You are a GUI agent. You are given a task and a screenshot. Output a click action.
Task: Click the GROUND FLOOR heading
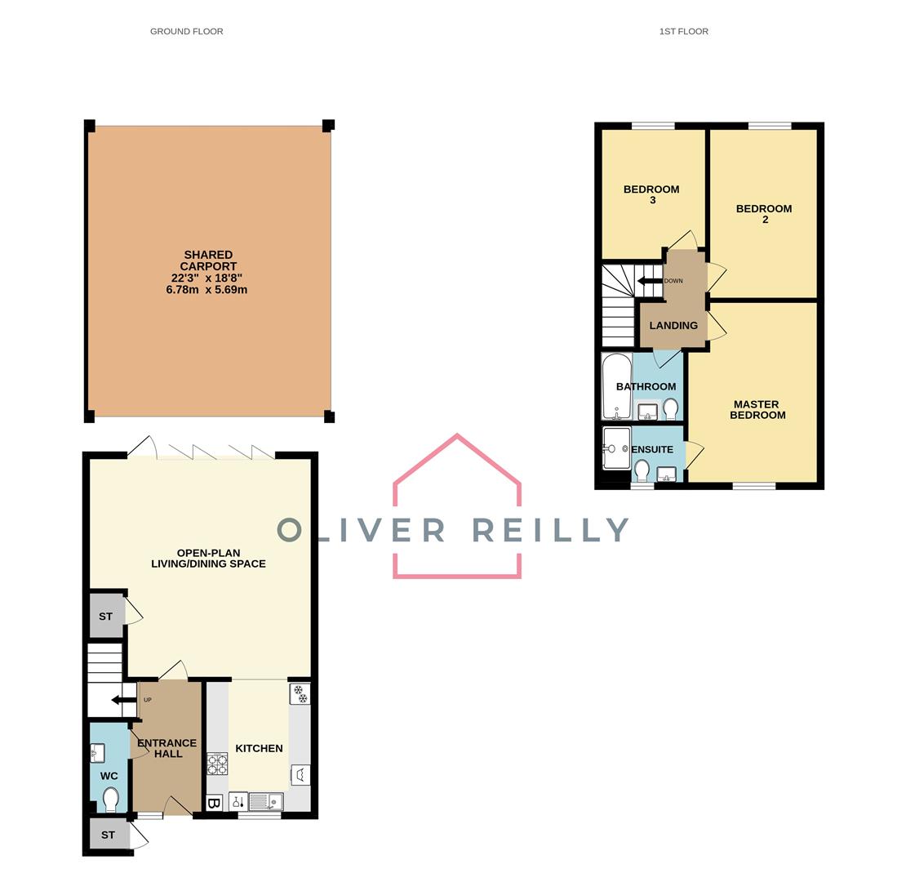pyautogui.click(x=186, y=31)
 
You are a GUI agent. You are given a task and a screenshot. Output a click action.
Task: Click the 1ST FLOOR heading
pyautogui.click(x=683, y=31)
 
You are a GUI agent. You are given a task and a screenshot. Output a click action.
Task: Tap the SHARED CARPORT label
pyautogui.click(x=208, y=261)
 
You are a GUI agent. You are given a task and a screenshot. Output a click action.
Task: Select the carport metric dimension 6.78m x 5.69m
pyautogui.click(x=207, y=289)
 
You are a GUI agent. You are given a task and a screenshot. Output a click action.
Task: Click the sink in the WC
pyautogui.click(x=98, y=751)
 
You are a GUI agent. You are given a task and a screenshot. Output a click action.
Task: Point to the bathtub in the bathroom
pyautogui.click(x=616, y=385)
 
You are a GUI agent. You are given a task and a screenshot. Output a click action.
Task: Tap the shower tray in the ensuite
pyautogui.click(x=616, y=448)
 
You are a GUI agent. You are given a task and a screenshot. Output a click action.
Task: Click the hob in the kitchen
pyautogui.click(x=217, y=764)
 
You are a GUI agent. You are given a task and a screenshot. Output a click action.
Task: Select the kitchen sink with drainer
pyautogui.click(x=265, y=802)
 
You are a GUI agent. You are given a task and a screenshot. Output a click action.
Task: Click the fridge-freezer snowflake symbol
pyautogui.click(x=300, y=694)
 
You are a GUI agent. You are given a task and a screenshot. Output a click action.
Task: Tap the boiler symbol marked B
pyautogui.click(x=214, y=804)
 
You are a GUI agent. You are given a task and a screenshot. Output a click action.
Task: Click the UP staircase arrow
pyautogui.click(x=122, y=700)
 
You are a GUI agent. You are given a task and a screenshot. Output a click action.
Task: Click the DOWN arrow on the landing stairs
pyautogui.click(x=649, y=281)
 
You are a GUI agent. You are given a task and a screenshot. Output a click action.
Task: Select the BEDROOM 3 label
pyautogui.click(x=651, y=194)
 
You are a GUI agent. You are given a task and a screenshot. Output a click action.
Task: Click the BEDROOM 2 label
pyautogui.click(x=764, y=213)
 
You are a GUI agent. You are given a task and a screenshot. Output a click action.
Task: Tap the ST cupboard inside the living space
pyautogui.click(x=105, y=617)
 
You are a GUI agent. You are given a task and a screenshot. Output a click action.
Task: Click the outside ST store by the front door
pyautogui.click(x=108, y=835)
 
